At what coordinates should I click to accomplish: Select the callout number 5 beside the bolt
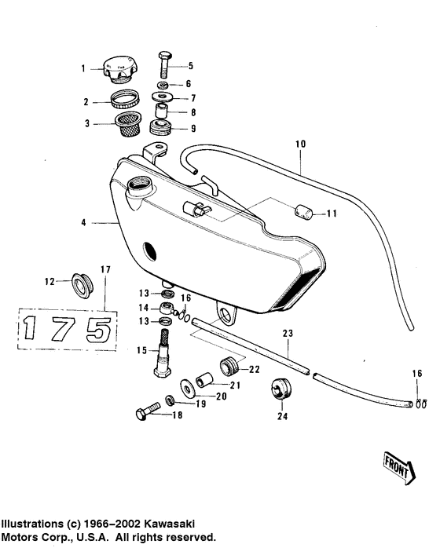(x=189, y=66)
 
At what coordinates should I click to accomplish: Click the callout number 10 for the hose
(x=300, y=144)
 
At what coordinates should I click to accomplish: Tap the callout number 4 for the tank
(x=82, y=224)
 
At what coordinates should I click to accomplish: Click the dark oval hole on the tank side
(x=148, y=252)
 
